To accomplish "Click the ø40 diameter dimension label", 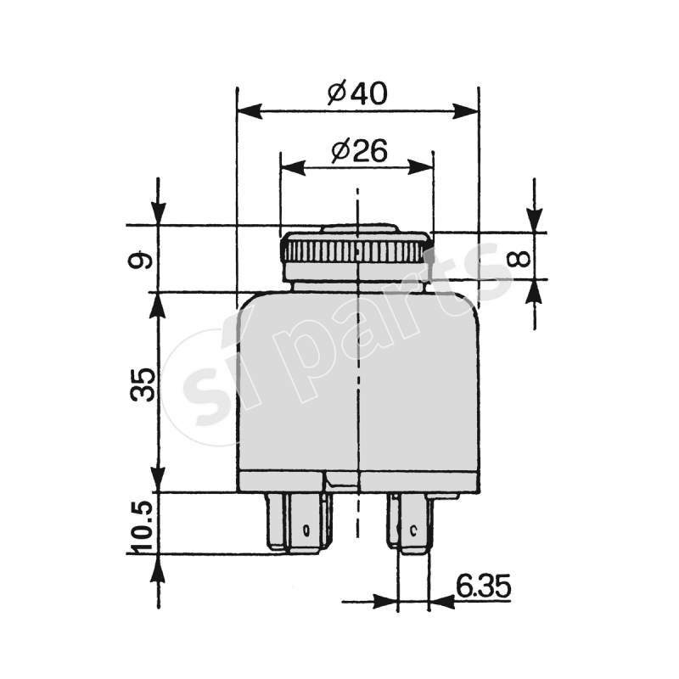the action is [356, 93].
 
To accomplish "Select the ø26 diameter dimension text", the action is [359, 151].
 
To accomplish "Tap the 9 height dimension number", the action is [141, 260].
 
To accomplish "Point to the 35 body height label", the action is [142, 384].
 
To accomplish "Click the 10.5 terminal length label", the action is [142, 527].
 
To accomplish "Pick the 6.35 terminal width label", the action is [483, 586].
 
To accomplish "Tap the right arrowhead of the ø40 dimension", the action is [465, 111].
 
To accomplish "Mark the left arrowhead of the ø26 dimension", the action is [293, 167].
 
